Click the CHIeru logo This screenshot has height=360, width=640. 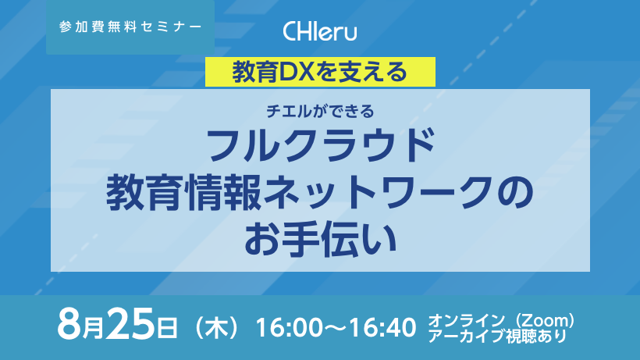point(319,31)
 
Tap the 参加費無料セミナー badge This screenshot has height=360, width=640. point(130,27)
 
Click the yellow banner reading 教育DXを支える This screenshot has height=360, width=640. point(320,72)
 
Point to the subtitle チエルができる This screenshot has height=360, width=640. point(320,111)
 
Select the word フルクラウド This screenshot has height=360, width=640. point(320,145)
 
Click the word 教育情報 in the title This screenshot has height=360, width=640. point(183,192)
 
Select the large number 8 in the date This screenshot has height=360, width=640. point(69,324)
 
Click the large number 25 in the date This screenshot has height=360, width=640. point(130,324)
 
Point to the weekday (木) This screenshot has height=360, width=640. point(216,327)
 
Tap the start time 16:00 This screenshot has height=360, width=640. point(289,327)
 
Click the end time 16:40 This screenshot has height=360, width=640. point(383,327)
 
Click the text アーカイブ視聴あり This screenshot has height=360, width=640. point(497,336)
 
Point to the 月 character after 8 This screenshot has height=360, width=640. point(93,330)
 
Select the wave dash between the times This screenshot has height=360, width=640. point(336,328)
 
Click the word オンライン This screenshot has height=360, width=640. point(466,321)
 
